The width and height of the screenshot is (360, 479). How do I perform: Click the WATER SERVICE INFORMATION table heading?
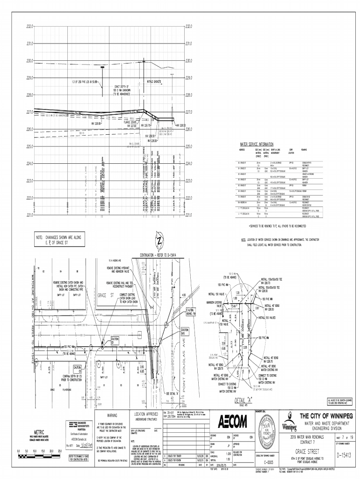pos(256,144)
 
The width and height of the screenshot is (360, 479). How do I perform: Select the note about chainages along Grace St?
pos(58,240)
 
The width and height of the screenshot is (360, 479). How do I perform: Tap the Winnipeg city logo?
pos(289,426)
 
